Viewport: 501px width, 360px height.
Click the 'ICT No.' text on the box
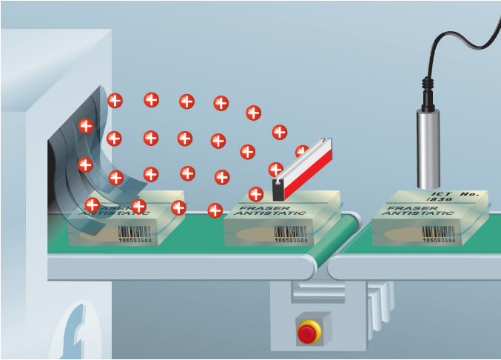pos(454,196)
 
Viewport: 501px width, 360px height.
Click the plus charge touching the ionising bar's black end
pos(276,170)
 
